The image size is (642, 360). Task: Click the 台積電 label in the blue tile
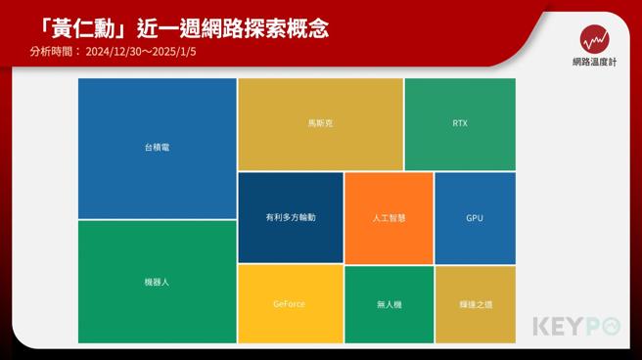click(x=158, y=148)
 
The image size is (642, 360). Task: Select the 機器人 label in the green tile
click(x=158, y=282)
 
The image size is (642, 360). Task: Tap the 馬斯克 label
click(x=320, y=124)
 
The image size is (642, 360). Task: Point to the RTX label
click(x=460, y=124)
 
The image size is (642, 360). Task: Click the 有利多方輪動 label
click(x=291, y=217)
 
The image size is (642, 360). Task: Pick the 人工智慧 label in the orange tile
click(x=389, y=217)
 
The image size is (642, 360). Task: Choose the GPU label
click(x=475, y=217)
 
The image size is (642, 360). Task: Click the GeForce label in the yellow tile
click(x=290, y=304)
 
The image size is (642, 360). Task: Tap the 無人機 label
click(x=389, y=304)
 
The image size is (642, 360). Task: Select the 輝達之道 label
click(x=475, y=304)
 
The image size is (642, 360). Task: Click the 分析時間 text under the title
click(x=55, y=52)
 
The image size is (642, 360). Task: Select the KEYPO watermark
click(x=577, y=327)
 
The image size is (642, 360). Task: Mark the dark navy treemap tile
click(x=291, y=201)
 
